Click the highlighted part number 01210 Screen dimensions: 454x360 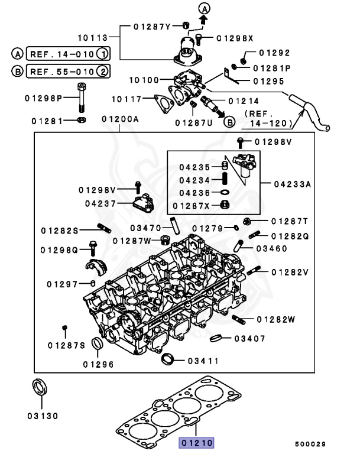click(197, 442)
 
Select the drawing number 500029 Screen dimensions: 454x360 click(310, 443)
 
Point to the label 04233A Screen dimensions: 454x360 click(292, 184)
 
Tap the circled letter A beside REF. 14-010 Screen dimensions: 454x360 click(17, 54)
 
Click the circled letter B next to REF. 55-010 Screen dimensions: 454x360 click(17, 72)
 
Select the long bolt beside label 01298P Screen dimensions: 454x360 click(80, 98)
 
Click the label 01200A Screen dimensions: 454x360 click(119, 119)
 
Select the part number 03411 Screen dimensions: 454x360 click(203, 361)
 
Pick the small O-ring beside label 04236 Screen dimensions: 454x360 click(225, 192)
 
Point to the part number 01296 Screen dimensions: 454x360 click(98, 364)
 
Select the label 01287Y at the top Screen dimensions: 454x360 click(152, 27)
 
